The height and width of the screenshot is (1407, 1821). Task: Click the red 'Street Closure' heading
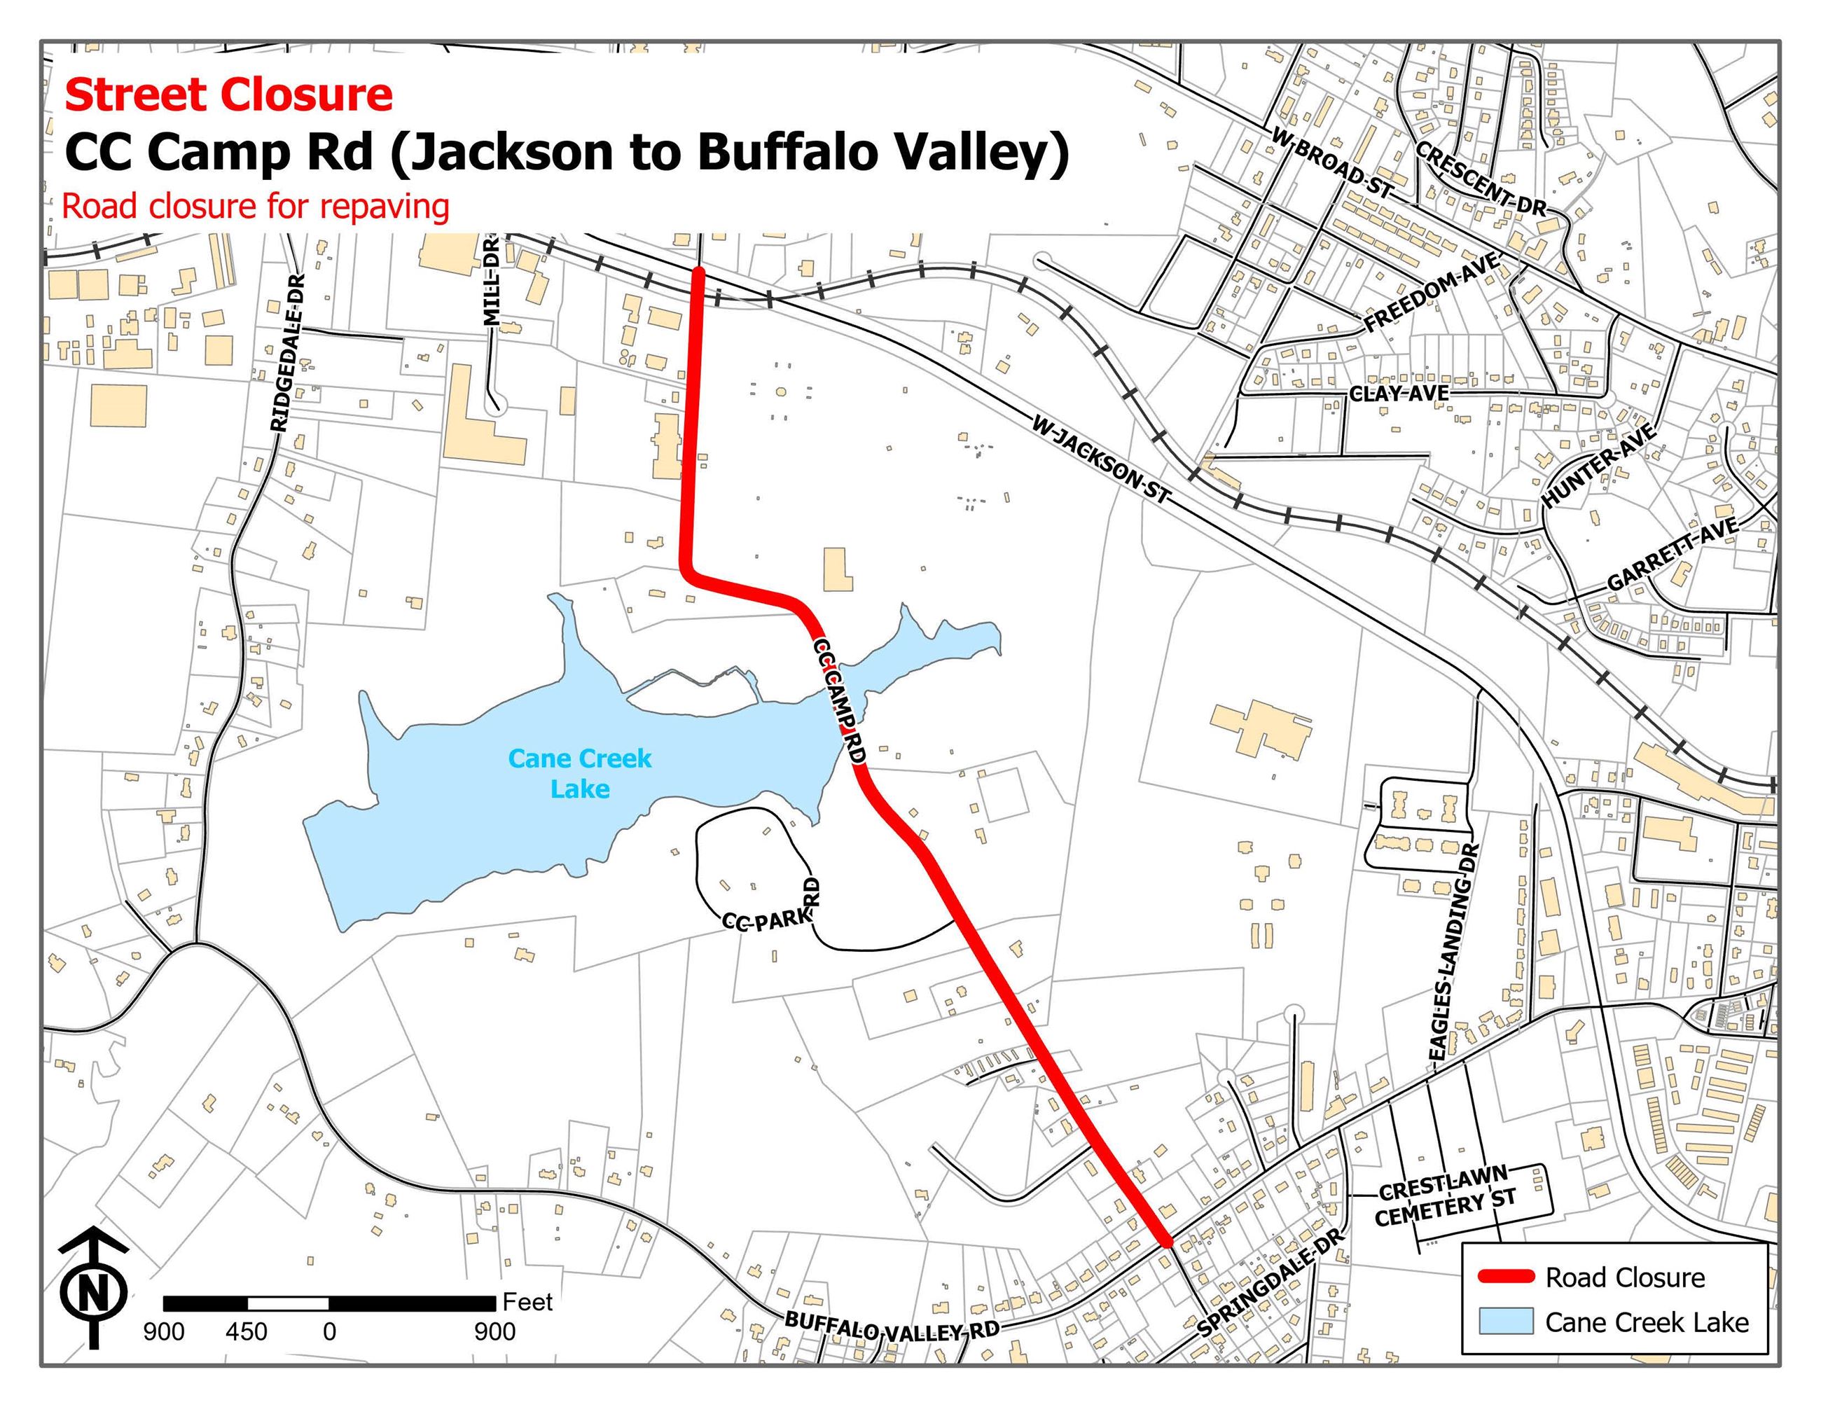(x=228, y=95)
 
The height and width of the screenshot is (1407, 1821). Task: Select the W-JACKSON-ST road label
(x=1100, y=459)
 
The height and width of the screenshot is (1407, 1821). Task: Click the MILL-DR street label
(x=491, y=281)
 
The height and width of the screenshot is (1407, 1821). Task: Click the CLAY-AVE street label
(x=1398, y=393)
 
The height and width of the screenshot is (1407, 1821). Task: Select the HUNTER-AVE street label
(x=1598, y=466)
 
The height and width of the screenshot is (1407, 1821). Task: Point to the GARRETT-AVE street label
(x=1672, y=553)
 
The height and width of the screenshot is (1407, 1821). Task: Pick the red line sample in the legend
(x=1505, y=1276)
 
